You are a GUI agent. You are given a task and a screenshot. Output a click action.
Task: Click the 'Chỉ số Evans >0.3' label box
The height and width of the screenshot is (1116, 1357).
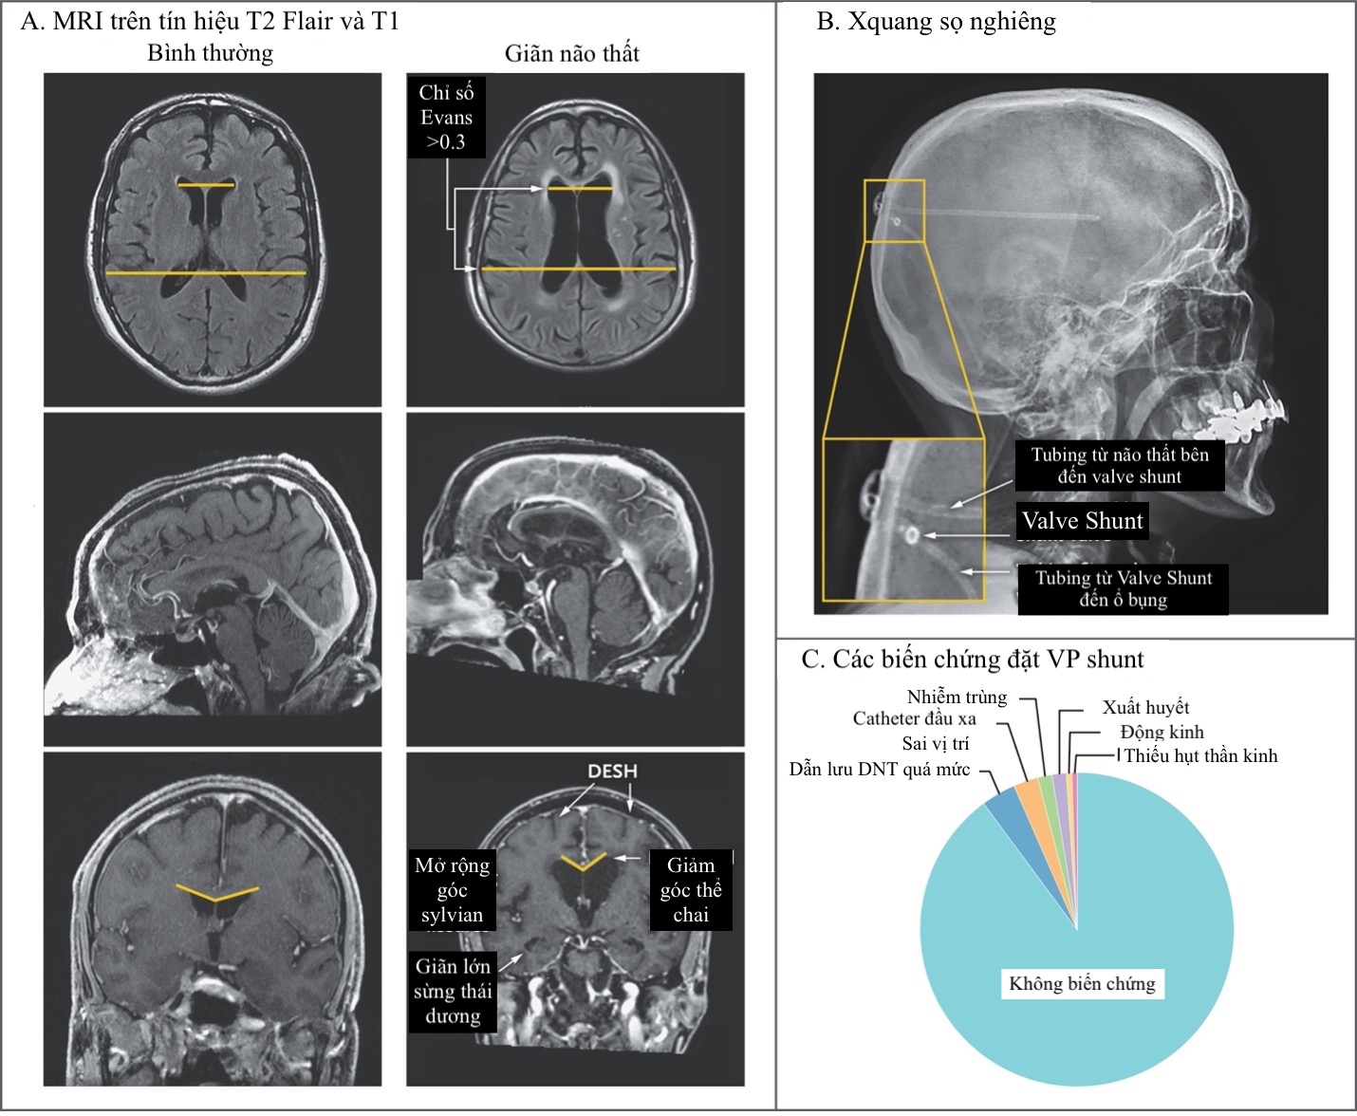click(x=446, y=118)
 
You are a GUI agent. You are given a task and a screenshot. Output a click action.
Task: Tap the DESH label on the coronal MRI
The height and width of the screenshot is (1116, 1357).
click(x=612, y=771)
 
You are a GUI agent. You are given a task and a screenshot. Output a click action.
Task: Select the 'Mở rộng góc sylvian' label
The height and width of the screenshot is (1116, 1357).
click(x=452, y=890)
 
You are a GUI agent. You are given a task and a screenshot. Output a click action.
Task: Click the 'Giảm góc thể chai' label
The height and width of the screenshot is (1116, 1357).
click(x=691, y=890)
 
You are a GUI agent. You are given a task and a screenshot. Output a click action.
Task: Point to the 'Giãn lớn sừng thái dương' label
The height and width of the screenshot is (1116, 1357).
click(x=453, y=991)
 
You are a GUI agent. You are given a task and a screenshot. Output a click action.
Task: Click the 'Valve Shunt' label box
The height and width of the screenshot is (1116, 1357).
click(x=1082, y=521)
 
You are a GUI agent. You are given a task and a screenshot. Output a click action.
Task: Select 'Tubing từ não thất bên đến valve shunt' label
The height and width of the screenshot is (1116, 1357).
click(x=1120, y=465)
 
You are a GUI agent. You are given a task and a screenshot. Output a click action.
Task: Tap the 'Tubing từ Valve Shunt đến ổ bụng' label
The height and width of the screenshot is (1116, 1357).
click(x=1123, y=588)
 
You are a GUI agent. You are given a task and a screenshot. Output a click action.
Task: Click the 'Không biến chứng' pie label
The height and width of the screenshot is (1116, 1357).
click(x=1082, y=983)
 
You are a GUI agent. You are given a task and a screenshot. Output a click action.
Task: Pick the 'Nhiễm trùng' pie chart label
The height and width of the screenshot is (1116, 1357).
click(x=957, y=697)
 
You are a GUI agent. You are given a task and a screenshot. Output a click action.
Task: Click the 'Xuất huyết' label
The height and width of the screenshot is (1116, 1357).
click(x=1145, y=707)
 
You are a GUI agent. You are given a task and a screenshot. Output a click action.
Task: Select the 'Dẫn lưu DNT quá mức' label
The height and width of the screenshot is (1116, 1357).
click(x=880, y=769)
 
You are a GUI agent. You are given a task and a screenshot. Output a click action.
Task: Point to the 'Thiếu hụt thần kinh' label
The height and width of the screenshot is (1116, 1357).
click(x=1200, y=755)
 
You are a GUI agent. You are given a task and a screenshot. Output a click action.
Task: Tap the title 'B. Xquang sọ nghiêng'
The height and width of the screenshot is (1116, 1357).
click(x=936, y=22)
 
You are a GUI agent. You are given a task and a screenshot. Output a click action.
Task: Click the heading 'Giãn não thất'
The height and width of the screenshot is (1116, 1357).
click(x=571, y=53)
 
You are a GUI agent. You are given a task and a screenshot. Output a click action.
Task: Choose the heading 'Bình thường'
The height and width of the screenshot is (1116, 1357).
click(x=210, y=53)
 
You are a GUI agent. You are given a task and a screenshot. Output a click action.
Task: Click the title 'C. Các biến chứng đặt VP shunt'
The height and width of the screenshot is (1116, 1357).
click(x=973, y=659)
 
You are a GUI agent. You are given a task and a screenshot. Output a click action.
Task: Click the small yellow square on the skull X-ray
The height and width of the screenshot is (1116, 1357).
click(x=894, y=211)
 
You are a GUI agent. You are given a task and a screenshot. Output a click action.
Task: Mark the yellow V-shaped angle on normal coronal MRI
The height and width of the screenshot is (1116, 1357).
click(x=216, y=893)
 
